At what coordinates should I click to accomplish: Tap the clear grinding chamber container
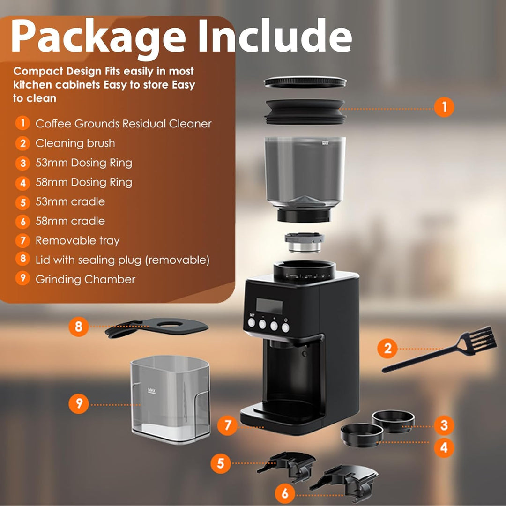171,399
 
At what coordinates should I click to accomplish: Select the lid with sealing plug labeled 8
157,327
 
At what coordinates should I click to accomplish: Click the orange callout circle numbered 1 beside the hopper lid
444,107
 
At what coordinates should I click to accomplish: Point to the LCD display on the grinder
269,305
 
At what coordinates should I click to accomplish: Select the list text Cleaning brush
75,143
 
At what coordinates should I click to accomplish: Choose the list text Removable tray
77,241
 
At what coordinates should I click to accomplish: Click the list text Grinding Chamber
85,279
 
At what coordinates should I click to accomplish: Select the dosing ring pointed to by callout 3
393,421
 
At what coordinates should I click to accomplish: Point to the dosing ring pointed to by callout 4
362,435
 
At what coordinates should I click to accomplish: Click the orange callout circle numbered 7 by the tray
228,425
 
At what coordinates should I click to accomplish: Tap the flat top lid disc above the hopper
305,82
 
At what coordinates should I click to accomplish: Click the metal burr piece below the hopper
305,242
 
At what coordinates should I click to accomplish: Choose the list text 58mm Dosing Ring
84,182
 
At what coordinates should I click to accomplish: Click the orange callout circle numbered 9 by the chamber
78,404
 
